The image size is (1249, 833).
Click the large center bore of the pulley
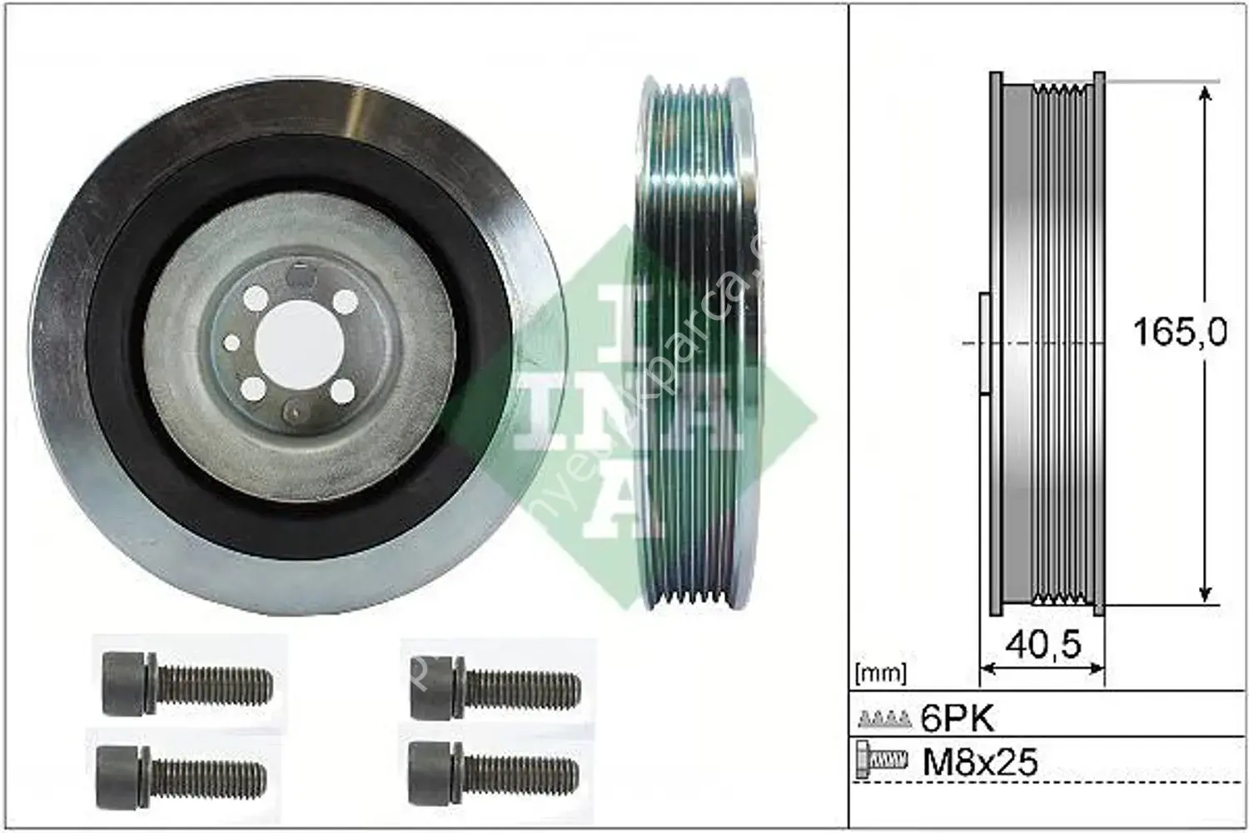[297, 343]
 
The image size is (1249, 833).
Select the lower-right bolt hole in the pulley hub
[339, 389]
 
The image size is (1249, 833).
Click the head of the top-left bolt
[125, 684]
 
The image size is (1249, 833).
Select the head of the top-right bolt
[433, 685]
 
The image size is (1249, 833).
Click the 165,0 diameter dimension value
[1179, 333]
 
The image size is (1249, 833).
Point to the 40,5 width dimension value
[1042, 644]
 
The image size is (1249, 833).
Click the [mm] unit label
[880, 671]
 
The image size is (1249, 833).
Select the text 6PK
[958, 718]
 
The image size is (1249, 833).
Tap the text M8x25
[980, 761]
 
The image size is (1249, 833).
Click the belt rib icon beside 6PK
[884, 718]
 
